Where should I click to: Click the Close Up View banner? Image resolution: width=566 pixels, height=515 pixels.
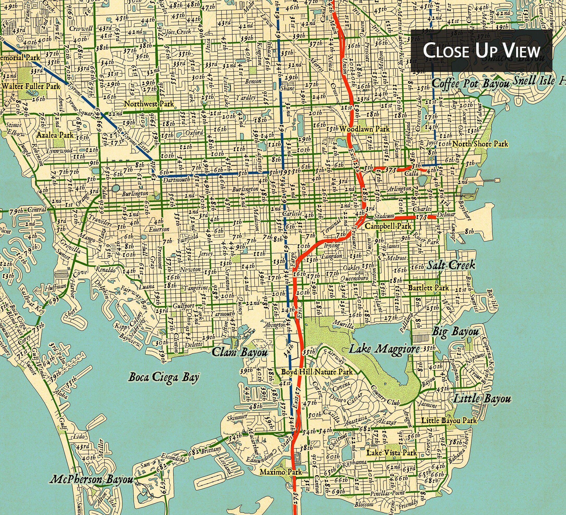pyautogui.click(x=481, y=51)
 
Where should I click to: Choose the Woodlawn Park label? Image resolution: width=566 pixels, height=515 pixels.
pyautogui.click(x=364, y=129)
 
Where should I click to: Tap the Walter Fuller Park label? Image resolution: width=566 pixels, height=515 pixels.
pyautogui.click(x=31, y=86)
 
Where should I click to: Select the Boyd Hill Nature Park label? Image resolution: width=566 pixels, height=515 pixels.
pyautogui.click(x=317, y=372)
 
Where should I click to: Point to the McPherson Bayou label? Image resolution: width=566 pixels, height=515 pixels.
pyautogui.click(x=91, y=479)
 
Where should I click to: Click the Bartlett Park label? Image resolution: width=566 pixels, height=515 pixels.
pyautogui.click(x=429, y=288)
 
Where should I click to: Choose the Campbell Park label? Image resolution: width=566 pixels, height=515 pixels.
pyautogui.click(x=388, y=226)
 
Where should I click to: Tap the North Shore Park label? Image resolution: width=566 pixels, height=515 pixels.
pyautogui.click(x=480, y=144)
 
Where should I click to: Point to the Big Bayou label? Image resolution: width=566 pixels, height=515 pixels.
pyautogui.click(x=455, y=332)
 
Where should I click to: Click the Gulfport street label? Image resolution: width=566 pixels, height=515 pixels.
pyautogui.click(x=183, y=306)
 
